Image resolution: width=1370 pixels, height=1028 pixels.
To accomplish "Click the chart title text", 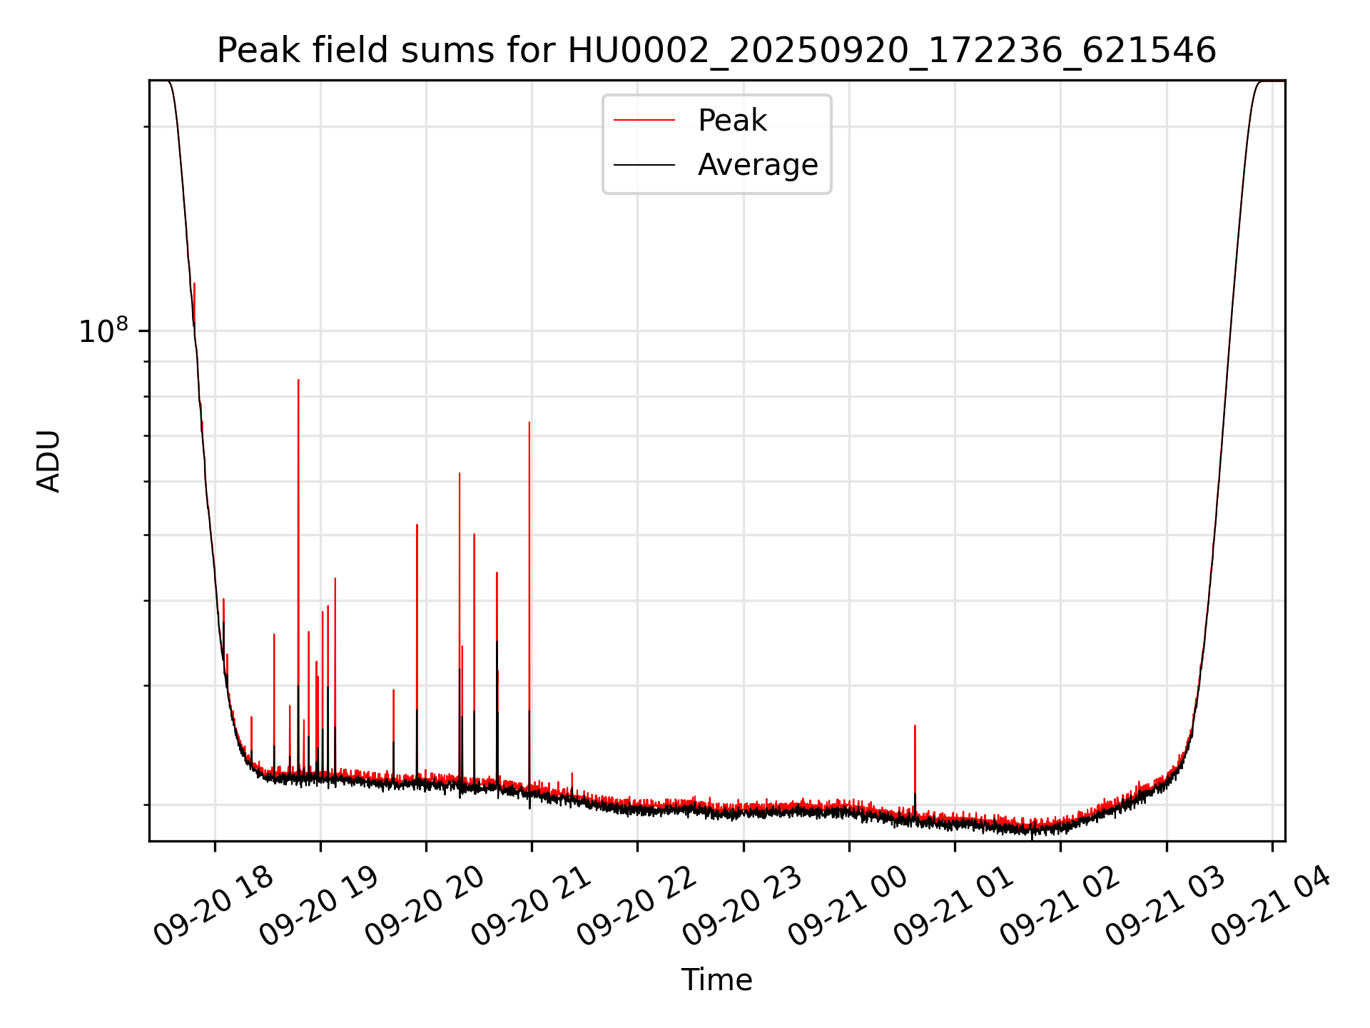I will (x=716, y=51).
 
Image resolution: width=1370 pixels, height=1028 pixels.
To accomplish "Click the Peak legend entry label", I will (x=732, y=121).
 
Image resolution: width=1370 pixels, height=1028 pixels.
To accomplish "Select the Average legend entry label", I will (x=758, y=165).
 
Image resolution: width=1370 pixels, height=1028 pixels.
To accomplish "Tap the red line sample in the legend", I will (x=644, y=121).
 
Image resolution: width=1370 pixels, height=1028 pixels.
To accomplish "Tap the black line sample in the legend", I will (x=644, y=165).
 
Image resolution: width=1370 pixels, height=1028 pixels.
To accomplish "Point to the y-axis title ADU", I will (x=49, y=460).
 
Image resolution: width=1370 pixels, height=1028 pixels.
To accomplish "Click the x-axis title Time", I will (x=716, y=980).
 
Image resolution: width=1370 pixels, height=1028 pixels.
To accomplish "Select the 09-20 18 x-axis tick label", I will (x=213, y=906).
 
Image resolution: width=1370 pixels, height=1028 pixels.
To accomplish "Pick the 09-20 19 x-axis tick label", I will (x=319, y=906).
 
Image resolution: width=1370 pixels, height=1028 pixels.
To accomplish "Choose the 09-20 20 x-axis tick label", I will (x=425, y=906).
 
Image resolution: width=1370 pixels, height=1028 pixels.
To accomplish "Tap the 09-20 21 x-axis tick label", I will (x=530, y=906).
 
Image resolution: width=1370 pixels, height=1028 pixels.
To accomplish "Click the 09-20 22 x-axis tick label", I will (x=636, y=906).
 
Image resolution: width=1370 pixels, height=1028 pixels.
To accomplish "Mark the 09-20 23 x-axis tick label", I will (x=742, y=906).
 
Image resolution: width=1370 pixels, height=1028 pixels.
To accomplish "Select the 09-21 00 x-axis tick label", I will (x=848, y=906).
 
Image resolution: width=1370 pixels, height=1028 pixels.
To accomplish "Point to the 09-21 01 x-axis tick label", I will (x=953, y=906).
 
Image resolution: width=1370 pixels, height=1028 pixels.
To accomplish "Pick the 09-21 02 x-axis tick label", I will (x=1059, y=906).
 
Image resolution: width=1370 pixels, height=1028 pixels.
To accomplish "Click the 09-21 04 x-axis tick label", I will (x=1271, y=906).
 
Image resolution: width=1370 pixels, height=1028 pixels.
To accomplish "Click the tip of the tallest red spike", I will (x=298, y=381).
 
